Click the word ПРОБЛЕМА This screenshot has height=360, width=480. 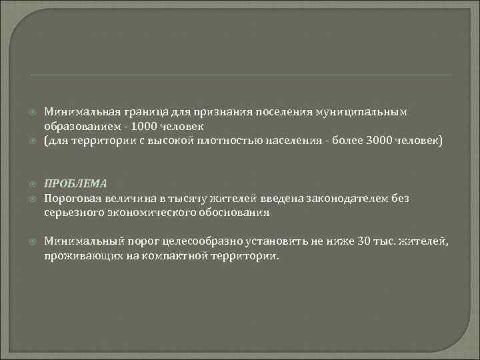point(75,183)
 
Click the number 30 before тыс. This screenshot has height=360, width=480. point(363,241)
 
